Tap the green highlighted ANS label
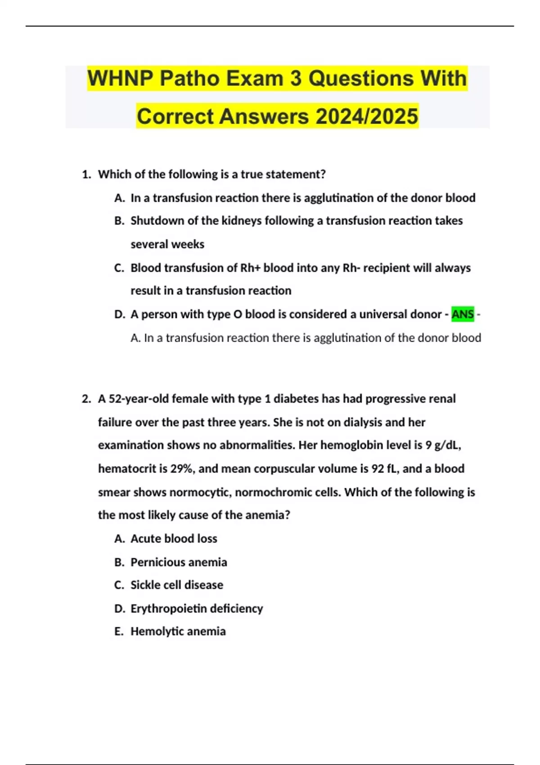click(x=463, y=314)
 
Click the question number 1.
click(x=86, y=174)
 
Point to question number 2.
click(x=86, y=399)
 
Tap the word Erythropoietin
click(x=168, y=608)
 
